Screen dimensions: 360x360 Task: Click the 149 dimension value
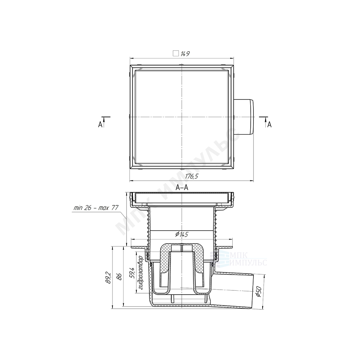click(185, 54)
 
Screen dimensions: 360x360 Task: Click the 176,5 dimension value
click(192, 176)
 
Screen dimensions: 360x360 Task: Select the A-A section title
click(182, 188)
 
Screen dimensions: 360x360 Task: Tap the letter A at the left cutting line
click(100, 124)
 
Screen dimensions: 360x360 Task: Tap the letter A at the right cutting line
click(270, 124)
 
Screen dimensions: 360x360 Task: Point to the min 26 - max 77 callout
click(96, 208)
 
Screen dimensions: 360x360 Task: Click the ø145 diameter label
click(182, 234)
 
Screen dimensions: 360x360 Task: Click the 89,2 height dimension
click(108, 277)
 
